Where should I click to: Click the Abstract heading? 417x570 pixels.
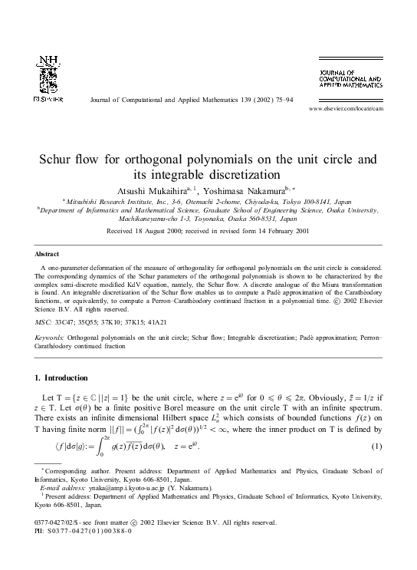[48, 253]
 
